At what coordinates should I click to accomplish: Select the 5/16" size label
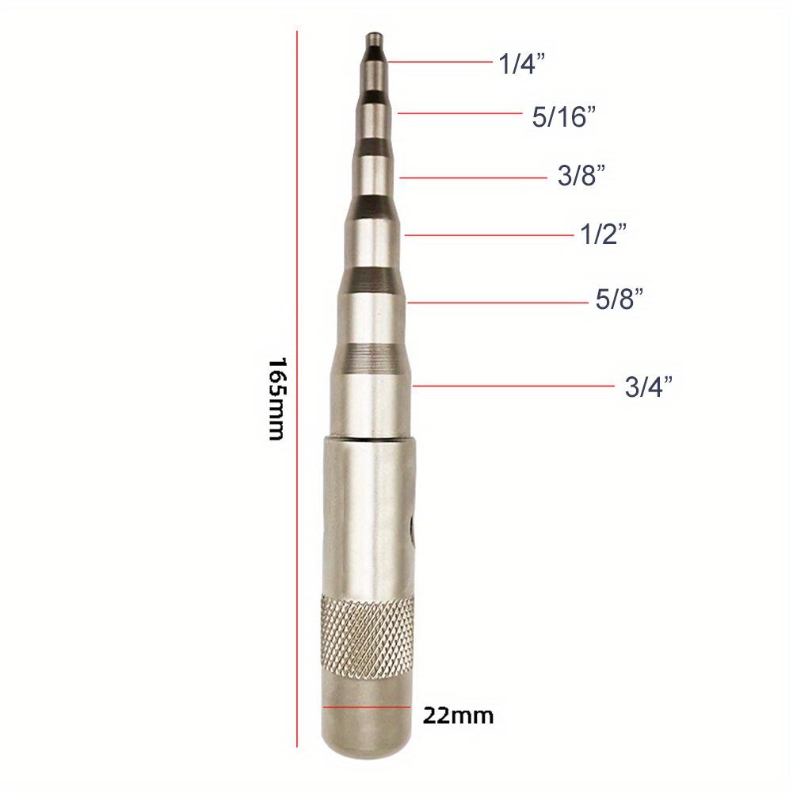(563, 118)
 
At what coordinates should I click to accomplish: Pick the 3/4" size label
(649, 387)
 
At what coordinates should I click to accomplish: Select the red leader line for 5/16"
(459, 113)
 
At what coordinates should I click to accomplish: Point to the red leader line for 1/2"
(486, 234)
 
